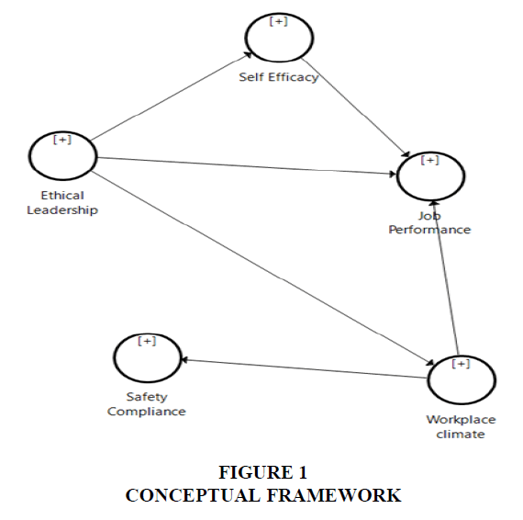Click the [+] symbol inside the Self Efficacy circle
click(x=279, y=21)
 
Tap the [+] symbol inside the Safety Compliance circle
click(x=147, y=341)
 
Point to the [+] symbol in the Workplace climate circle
click(x=461, y=364)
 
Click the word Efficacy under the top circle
click(x=294, y=77)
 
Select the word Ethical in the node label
click(x=62, y=195)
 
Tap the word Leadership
click(x=62, y=210)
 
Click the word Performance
click(x=429, y=230)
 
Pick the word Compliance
click(x=147, y=412)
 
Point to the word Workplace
click(x=461, y=420)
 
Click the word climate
click(x=461, y=435)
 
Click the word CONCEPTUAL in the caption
click(x=193, y=495)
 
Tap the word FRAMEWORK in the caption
click(x=334, y=495)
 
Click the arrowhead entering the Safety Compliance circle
click(x=184, y=360)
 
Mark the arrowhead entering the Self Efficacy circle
click(x=248, y=55)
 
